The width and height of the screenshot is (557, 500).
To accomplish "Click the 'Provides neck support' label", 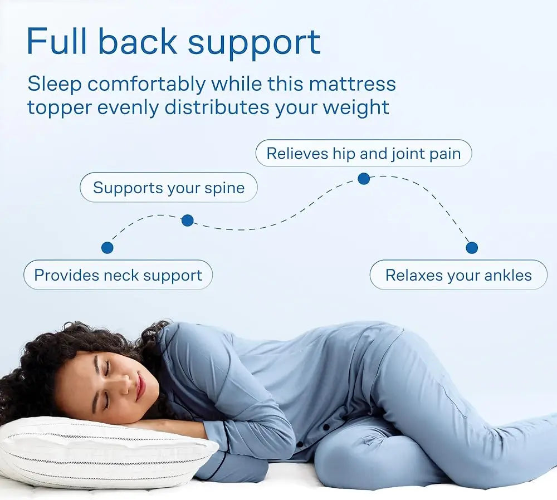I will [x=118, y=275].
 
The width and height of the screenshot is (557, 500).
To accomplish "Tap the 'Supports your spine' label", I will [x=168, y=188].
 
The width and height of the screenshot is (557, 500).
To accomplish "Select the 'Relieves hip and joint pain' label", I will [x=363, y=154].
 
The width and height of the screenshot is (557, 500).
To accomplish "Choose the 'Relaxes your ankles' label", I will [x=458, y=275].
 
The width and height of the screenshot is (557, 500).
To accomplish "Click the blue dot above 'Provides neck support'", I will [x=108, y=248].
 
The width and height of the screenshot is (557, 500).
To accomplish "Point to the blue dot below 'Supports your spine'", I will [x=188, y=220].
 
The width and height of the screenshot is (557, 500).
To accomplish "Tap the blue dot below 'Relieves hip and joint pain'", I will [x=364, y=179].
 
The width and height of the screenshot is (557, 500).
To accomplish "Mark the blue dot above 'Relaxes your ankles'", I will [x=472, y=248].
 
